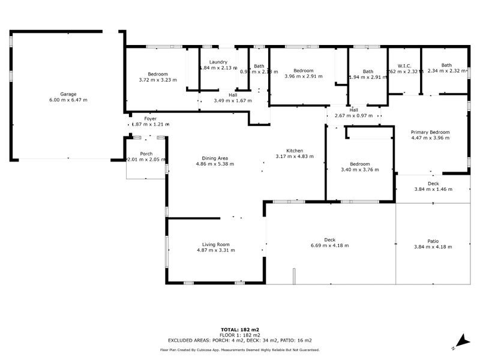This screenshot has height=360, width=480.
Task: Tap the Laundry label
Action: pos(218,62)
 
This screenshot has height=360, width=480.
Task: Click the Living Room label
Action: pos(215,244)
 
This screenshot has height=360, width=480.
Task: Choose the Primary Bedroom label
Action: pos(430,132)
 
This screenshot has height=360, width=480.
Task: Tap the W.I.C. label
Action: pos(403,65)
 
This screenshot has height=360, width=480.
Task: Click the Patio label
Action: pos(433,240)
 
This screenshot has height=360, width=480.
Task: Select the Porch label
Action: pos(146,154)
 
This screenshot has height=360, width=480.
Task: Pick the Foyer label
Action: pos(150,119)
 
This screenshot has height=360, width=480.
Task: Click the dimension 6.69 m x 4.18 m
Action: pos(329,245)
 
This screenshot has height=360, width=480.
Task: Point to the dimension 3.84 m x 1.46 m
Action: pos(433,189)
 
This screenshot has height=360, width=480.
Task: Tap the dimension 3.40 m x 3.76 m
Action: pos(360,169)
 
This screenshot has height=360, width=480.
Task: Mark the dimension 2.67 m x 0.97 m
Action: pos(353,115)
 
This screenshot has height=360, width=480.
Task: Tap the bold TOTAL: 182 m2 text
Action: pos(239,330)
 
